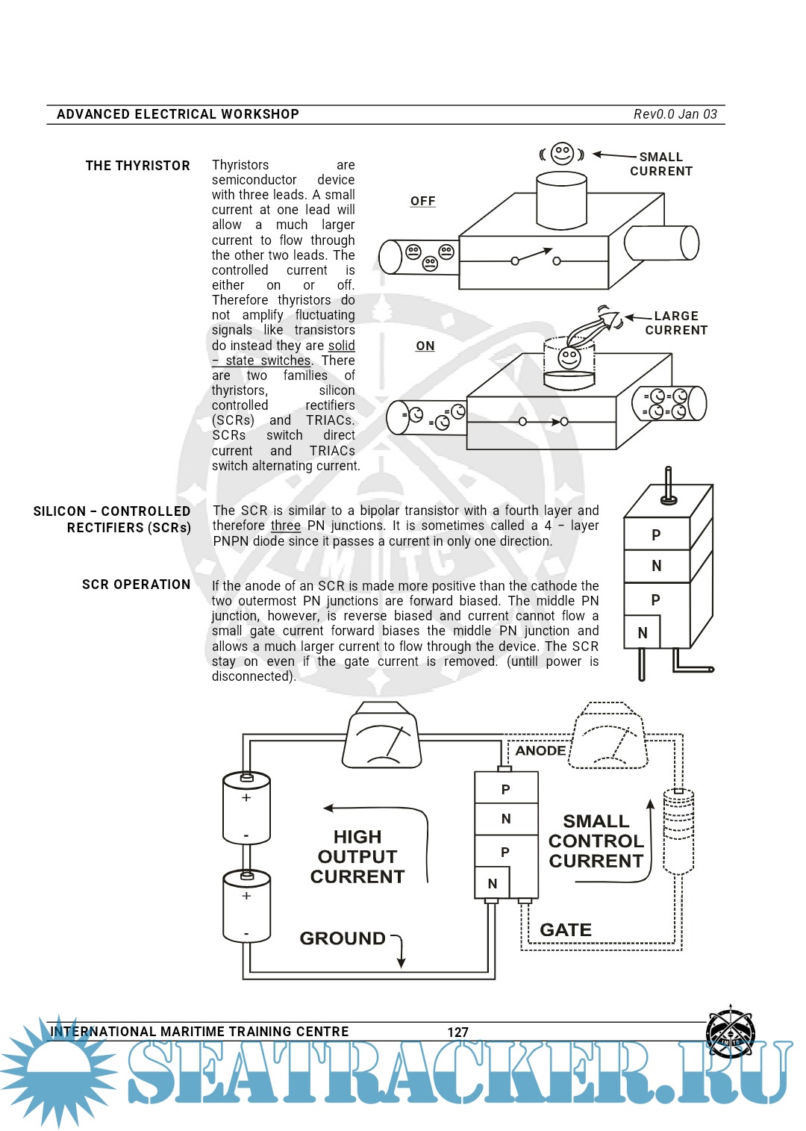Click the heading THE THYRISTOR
tap(137, 166)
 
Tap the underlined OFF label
tap(422, 202)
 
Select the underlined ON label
tap(425, 346)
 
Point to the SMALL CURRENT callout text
tap(661, 164)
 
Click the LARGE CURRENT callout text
tap(676, 323)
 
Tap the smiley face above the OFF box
tap(562, 154)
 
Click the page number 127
tap(457, 1032)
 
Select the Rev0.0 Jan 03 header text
tap(675, 114)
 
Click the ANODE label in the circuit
tap(540, 751)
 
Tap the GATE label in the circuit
tap(566, 930)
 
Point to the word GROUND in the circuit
tap(343, 938)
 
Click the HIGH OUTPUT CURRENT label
tap(357, 856)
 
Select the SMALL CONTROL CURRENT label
tap(596, 841)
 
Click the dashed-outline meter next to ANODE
tap(607, 738)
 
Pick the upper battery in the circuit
tap(246, 808)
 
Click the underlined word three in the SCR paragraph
tap(285, 526)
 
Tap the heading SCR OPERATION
tap(136, 585)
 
